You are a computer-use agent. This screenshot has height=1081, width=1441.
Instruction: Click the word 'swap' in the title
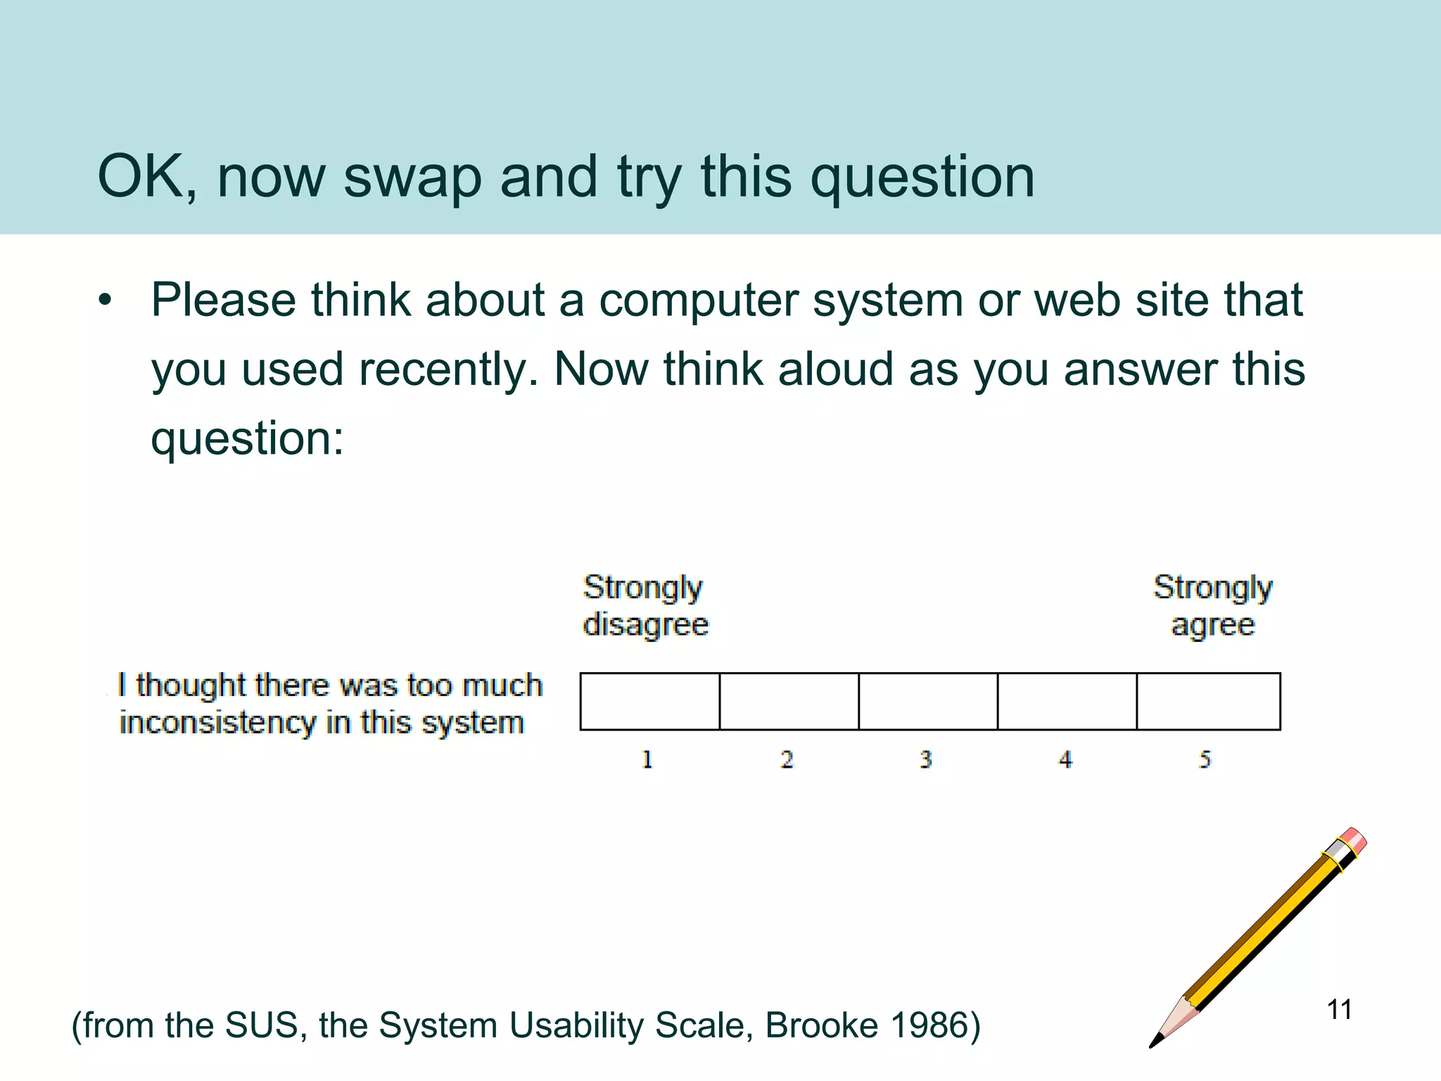coord(412,177)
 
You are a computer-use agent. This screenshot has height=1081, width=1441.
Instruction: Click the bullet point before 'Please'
coord(106,301)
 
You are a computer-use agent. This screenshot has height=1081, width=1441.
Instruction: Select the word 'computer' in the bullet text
coord(699,301)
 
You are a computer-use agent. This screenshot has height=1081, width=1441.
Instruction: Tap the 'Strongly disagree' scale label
coord(645,606)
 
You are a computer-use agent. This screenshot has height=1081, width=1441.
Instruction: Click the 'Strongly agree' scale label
coord(1212,606)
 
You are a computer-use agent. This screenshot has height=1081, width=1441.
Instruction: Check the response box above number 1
coord(649,702)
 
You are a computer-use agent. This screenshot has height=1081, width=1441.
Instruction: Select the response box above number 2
coord(789,702)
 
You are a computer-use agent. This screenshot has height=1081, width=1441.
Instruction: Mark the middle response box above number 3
coord(928,702)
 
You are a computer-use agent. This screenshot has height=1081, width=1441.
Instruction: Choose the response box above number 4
coord(1067,702)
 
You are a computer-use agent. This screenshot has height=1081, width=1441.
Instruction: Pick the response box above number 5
coord(1208,702)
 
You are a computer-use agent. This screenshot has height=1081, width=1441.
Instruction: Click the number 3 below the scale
coord(926,759)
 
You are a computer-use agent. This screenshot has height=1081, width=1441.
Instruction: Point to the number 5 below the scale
coord(1205,759)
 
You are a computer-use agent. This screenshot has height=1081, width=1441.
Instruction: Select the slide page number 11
coord(1339,1010)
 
